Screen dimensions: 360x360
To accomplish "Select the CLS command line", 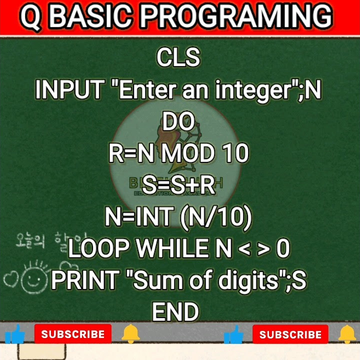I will click(x=178, y=57).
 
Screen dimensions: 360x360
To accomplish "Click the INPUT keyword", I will click(x=69, y=90).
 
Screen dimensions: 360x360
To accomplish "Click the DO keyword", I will click(x=178, y=122).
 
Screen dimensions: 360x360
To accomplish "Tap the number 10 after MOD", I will click(x=235, y=153).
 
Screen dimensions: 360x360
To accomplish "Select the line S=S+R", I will click(x=178, y=185).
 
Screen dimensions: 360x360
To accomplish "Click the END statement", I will click(x=175, y=312).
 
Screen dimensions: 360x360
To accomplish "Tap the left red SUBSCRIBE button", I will click(x=73, y=334).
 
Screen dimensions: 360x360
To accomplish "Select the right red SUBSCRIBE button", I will click(x=290, y=334).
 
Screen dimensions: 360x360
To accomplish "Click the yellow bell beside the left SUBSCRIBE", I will click(x=131, y=333).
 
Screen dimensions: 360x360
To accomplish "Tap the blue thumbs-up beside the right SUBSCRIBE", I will click(x=233, y=334).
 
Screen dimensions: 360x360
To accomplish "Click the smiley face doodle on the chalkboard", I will click(x=34, y=279).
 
